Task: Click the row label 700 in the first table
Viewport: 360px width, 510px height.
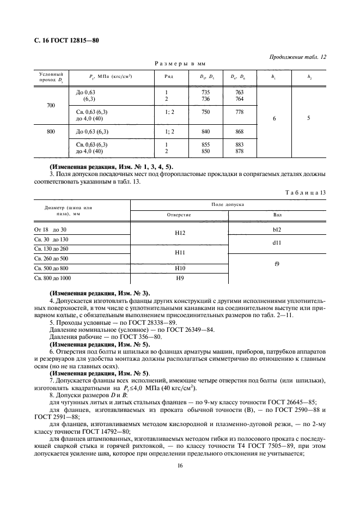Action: point(51,104)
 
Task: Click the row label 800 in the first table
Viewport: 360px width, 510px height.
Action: point(51,131)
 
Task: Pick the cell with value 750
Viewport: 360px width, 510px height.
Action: point(206,112)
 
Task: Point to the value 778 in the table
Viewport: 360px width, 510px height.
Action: point(239,112)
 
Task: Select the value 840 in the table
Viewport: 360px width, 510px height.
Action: point(206,131)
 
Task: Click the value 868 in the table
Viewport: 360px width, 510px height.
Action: point(239,131)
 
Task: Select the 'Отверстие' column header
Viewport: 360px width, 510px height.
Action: point(179,215)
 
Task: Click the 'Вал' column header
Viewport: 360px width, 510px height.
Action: point(277,215)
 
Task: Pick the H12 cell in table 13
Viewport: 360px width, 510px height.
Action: point(179,233)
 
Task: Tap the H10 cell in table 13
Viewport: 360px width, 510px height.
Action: point(179,268)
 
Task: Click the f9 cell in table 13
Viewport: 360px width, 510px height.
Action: point(277,264)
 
